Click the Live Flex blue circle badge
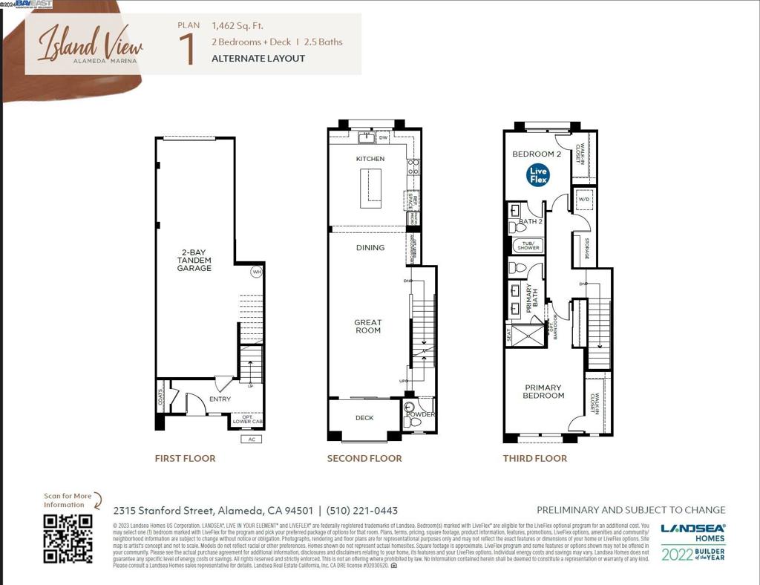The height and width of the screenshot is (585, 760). [x=538, y=175]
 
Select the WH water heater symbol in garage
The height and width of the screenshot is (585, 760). [x=257, y=272]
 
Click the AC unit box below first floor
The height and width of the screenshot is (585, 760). [x=252, y=439]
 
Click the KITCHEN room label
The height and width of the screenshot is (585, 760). [x=370, y=159]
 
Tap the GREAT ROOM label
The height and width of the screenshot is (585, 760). [x=368, y=326]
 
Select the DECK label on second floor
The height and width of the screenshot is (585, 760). [x=364, y=418]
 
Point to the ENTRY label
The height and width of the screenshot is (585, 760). [x=220, y=399]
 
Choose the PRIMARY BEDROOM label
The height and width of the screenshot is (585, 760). [x=543, y=391]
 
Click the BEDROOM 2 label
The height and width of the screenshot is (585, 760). [x=537, y=154]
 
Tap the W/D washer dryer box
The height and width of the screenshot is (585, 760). [x=583, y=200]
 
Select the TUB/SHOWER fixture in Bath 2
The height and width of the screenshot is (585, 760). [x=528, y=245]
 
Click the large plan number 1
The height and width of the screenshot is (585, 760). [x=188, y=48]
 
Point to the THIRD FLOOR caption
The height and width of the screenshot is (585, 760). [x=534, y=458]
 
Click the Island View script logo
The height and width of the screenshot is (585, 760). [x=90, y=43]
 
